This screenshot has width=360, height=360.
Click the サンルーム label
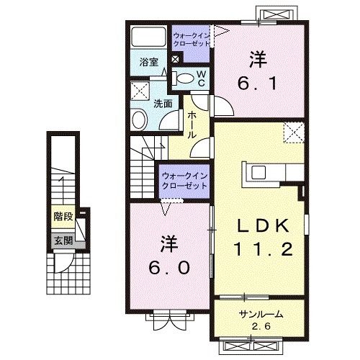tap(261, 314)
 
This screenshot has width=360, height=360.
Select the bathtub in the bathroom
tap(148, 37)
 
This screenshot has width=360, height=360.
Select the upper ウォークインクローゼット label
tap(191, 37)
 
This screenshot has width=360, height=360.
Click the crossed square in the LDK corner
tap(294, 133)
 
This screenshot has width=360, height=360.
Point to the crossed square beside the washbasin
tap(140, 91)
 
